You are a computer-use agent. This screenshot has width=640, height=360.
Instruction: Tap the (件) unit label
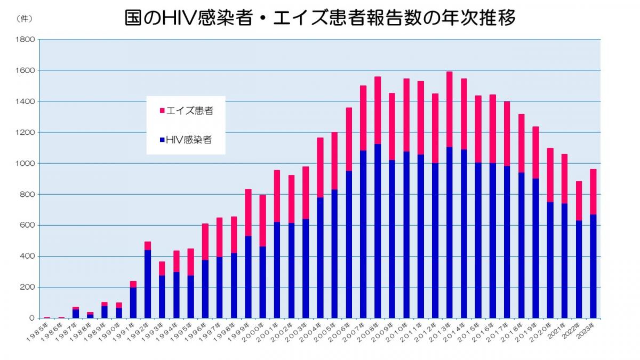(25, 19)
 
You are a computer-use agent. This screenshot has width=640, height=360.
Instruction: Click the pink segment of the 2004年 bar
(320, 168)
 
